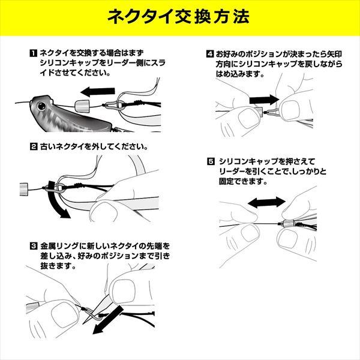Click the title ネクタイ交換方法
[x=180, y=16]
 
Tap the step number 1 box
[x=33, y=54]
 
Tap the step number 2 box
[x=33, y=146]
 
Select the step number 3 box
[x=33, y=245]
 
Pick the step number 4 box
[x=209, y=54]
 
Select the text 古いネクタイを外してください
[x=96, y=146]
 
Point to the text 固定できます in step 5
[x=240, y=181]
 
